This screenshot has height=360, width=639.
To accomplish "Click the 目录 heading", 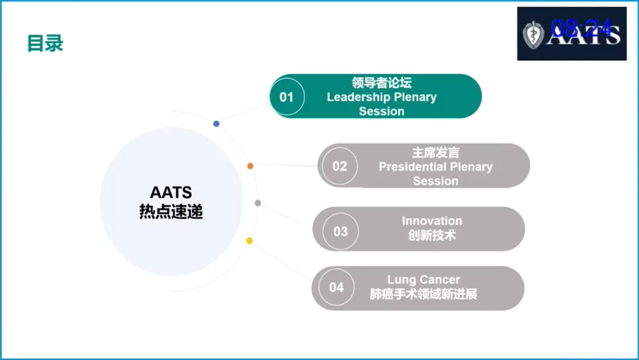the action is [x=45, y=43].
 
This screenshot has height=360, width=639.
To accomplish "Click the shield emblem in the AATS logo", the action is [x=534, y=35].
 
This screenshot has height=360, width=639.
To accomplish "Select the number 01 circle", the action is [x=287, y=97].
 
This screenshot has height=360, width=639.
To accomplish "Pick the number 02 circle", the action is [x=340, y=166].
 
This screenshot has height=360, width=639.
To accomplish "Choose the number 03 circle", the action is [x=340, y=231].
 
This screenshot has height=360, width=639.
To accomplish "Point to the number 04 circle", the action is [x=336, y=287].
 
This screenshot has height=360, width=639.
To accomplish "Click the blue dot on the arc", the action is [x=217, y=124].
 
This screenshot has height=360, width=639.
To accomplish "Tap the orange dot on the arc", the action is [x=250, y=166].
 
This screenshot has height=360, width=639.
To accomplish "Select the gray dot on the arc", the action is [x=258, y=203].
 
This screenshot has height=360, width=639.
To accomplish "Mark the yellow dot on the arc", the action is [x=250, y=240].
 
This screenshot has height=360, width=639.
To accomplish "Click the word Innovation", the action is [x=432, y=221].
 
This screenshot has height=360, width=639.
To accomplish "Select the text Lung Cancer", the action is [x=424, y=279].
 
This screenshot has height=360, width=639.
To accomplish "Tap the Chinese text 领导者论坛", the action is [x=382, y=83].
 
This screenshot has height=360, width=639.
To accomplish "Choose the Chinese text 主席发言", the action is [x=435, y=153].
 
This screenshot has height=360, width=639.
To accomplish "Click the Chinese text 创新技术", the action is [x=432, y=235].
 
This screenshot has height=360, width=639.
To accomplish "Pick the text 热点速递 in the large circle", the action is [x=171, y=211].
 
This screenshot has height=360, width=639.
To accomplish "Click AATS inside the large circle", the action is [x=171, y=192].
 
